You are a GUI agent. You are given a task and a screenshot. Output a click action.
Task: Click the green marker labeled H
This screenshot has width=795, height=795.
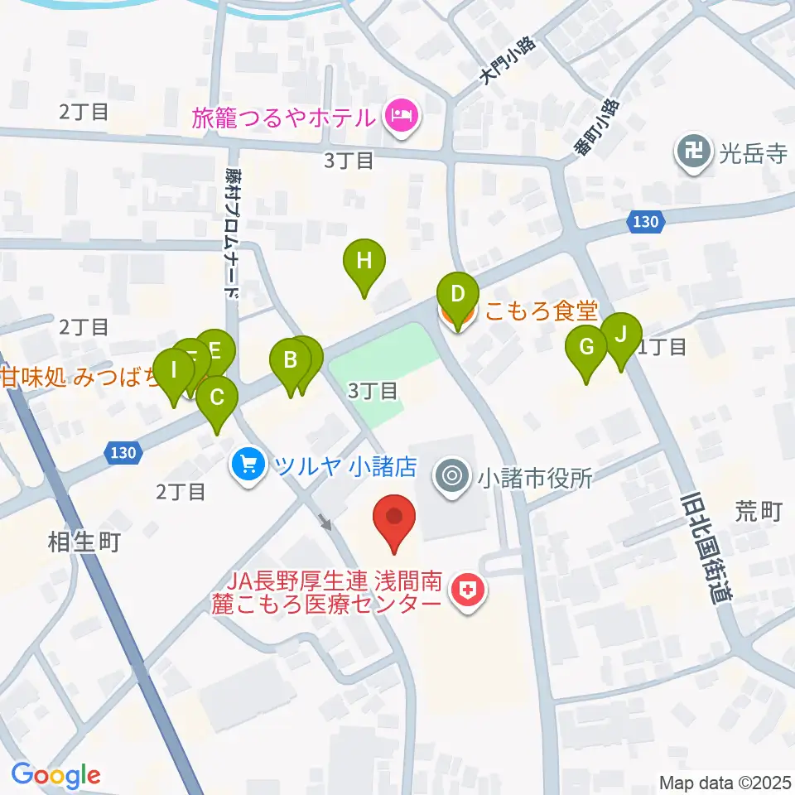point(364,262)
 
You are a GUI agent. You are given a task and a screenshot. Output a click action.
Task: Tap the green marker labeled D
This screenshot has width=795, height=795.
point(457,295)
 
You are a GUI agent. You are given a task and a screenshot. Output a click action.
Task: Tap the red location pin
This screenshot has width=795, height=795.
point(394,518)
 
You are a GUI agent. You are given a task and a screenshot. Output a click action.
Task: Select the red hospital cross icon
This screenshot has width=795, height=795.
point(467,590)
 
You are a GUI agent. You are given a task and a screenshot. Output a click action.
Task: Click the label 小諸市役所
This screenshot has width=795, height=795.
point(535,478)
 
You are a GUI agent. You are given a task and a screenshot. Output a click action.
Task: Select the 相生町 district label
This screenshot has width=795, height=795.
point(84,543)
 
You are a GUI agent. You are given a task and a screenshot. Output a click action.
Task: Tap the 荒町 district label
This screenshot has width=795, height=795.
point(759,513)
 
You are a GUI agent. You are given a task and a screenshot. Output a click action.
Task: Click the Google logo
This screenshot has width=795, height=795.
point(55,776)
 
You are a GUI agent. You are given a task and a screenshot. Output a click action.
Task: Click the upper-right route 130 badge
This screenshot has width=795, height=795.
point(644,221)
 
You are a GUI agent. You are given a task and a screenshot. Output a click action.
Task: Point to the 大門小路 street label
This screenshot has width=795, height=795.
point(507,60)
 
